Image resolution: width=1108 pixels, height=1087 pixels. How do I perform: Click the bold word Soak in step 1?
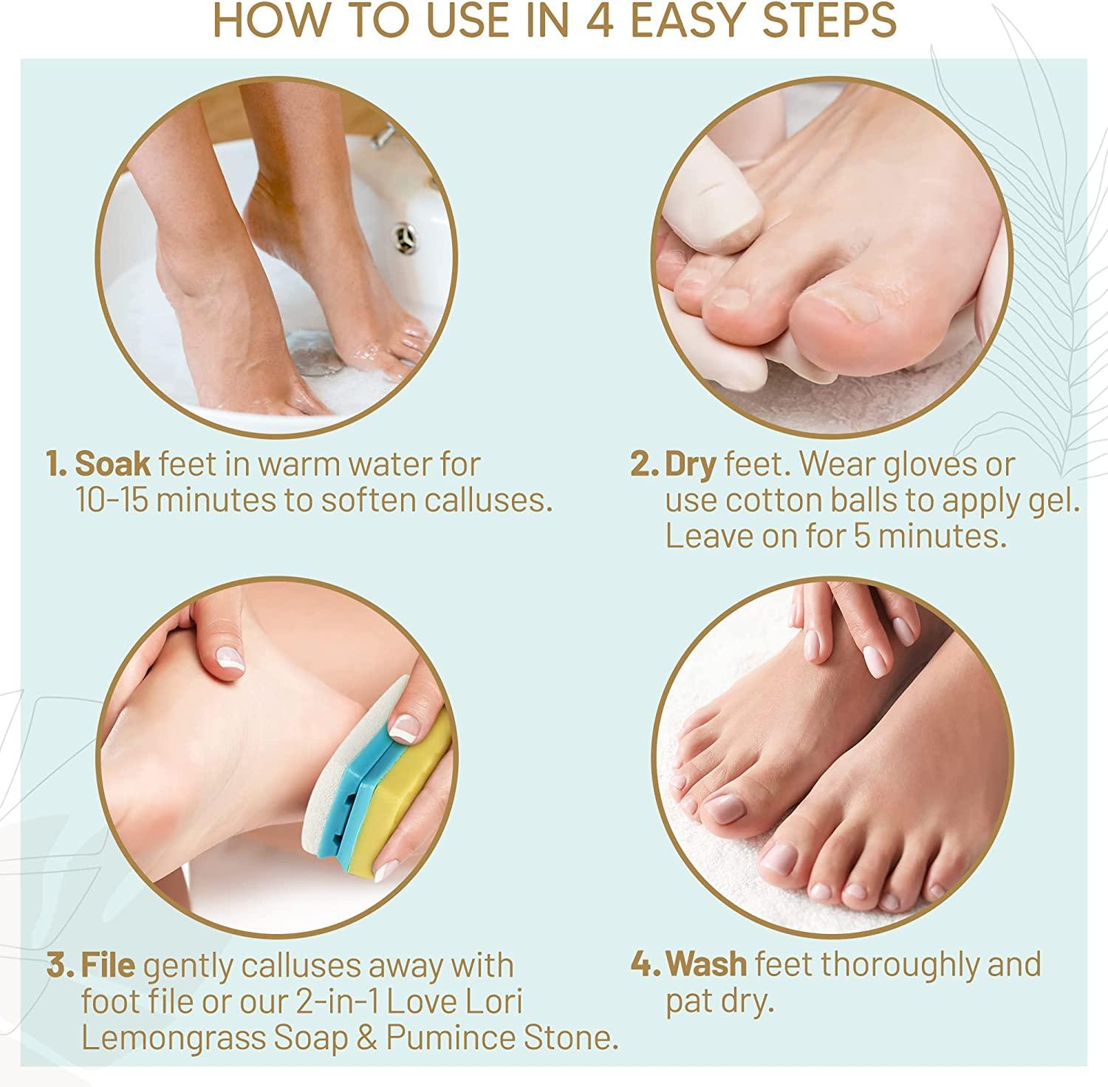[112, 465]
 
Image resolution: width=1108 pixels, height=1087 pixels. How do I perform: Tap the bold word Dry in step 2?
[690, 465]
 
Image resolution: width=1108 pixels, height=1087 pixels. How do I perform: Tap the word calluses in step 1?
[488, 500]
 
